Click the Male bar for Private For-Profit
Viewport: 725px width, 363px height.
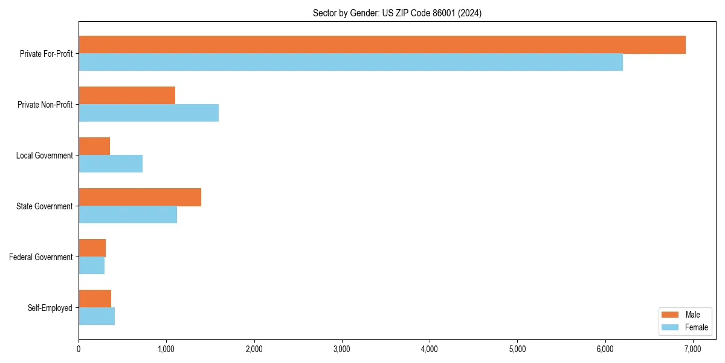click(x=382, y=45)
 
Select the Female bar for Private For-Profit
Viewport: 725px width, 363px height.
click(x=350, y=62)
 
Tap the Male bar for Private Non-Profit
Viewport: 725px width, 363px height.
click(x=127, y=96)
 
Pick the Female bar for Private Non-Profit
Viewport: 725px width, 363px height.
click(x=149, y=113)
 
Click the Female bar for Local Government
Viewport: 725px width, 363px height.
click(x=111, y=164)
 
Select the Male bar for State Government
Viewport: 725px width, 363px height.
click(x=140, y=197)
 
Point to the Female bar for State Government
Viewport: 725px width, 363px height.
click(x=127, y=215)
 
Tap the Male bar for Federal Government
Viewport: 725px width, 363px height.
click(x=92, y=248)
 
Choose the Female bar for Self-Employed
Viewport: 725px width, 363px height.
click(x=97, y=316)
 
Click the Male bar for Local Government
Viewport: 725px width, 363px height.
click(x=94, y=146)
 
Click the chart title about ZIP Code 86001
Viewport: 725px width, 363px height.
click(x=397, y=13)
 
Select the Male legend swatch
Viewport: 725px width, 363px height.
click(x=671, y=315)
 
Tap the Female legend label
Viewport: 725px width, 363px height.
click(x=696, y=327)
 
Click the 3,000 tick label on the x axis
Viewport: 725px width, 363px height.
click(x=342, y=349)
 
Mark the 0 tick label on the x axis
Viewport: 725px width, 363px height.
click(x=79, y=349)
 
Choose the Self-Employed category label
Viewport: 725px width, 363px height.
click(x=50, y=308)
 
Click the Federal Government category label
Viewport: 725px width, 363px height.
click(x=41, y=257)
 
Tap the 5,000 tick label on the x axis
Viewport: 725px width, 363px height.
click(x=517, y=349)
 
